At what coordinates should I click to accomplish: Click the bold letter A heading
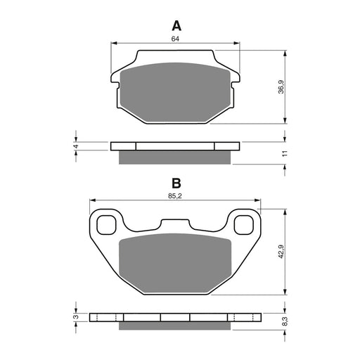(x=176, y=26)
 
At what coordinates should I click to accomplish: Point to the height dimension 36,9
(x=282, y=87)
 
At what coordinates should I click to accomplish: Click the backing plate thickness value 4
(x=76, y=146)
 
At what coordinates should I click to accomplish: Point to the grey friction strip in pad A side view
(x=175, y=157)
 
